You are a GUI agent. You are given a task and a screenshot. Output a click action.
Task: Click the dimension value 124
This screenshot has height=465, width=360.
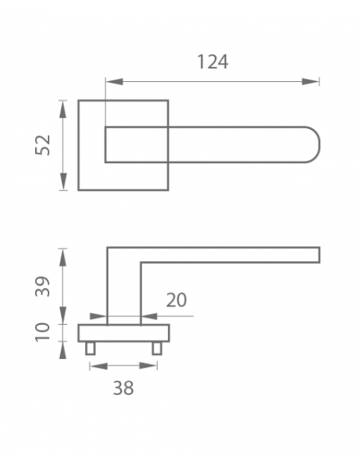(x=213, y=61)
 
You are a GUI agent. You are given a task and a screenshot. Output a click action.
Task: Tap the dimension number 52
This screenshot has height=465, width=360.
(x=43, y=145)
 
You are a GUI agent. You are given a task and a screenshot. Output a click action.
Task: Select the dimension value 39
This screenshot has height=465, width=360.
(x=43, y=286)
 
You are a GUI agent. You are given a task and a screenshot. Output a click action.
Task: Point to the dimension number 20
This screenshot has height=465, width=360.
(x=177, y=300)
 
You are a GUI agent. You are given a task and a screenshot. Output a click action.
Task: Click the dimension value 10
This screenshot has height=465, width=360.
(x=43, y=332)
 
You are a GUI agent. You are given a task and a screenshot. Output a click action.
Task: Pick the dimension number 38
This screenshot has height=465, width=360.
(x=123, y=388)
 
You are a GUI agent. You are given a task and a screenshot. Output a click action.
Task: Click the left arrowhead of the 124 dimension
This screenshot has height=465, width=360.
(x=115, y=81)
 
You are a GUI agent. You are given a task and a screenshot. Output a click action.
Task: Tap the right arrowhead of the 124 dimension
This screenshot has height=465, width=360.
(x=310, y=81)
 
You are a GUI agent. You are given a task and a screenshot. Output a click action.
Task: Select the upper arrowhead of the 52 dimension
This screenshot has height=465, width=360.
(x=63, y=109)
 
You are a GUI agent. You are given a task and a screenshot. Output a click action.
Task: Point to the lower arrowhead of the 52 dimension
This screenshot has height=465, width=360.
(x=63, y=182)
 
